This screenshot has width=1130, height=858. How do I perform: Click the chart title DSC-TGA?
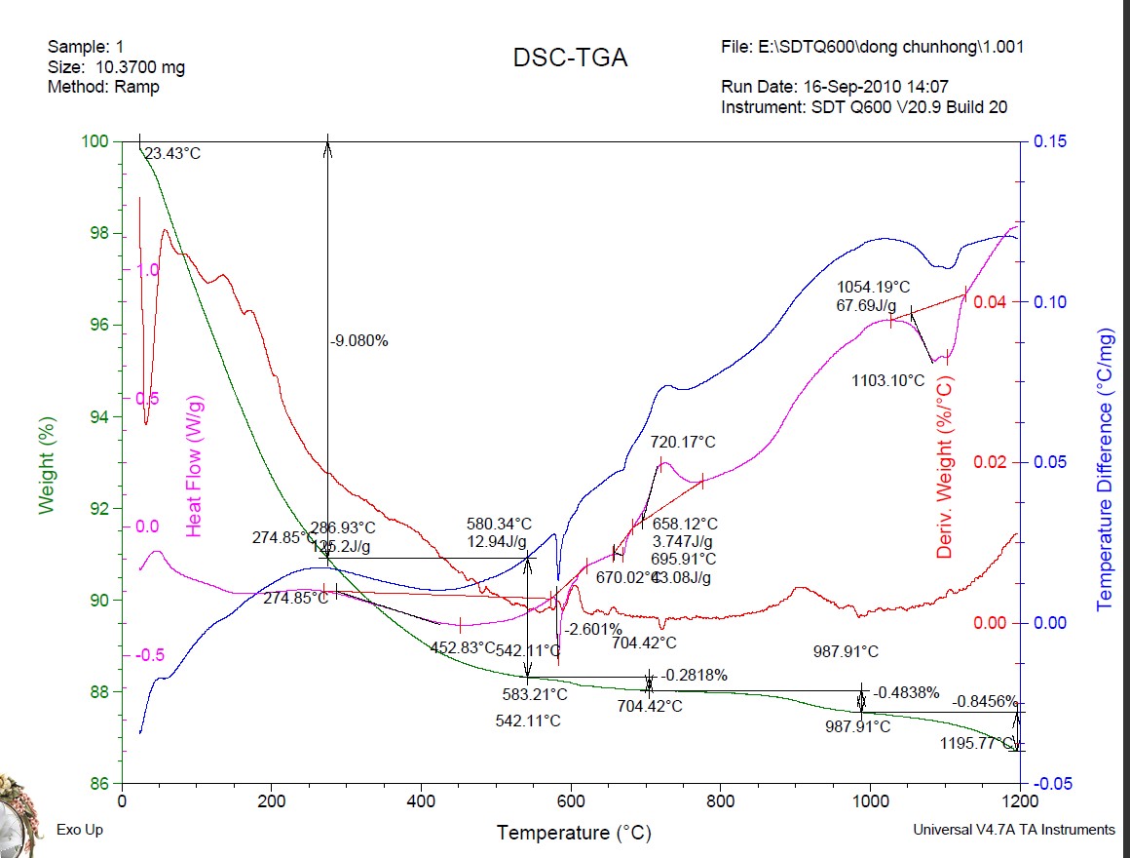point(570,58)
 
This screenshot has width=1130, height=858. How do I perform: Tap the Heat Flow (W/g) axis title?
point(194,466)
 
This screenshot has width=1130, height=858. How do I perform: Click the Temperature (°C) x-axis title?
point(574,834)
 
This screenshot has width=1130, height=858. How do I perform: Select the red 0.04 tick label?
point(990,301)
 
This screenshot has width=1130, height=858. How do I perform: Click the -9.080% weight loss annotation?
point(359,341)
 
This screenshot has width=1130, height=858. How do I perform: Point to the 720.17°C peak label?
point(683,443)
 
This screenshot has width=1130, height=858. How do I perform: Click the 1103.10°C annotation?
point(887,381)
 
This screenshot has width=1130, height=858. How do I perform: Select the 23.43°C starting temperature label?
point(172,154)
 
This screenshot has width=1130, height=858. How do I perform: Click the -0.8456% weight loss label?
point(985,701)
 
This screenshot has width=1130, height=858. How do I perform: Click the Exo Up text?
point(78,830)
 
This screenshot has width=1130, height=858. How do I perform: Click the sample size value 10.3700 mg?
point(139,67)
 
